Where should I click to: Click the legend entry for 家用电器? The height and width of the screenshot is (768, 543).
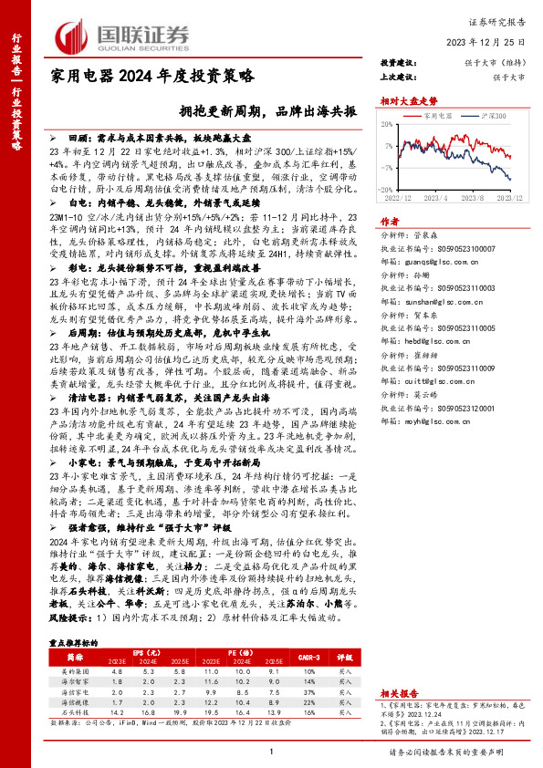(441, 118)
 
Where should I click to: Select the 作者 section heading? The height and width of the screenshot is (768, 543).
(389, 221)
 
